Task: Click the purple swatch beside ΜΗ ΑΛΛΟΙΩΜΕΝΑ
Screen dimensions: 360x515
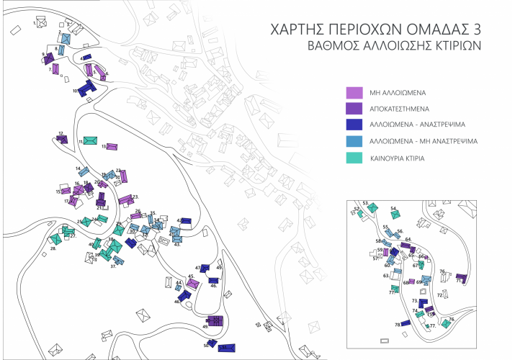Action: pos(354,93)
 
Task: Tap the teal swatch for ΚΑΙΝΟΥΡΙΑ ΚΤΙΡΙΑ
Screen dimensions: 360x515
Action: pos(354,157)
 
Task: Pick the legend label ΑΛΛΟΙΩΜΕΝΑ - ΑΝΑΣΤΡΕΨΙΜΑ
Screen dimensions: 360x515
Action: pos(420,125)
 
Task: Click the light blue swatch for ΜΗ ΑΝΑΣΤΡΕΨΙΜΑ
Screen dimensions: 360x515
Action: pos(354,141)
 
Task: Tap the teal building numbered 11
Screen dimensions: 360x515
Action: pos(91,140)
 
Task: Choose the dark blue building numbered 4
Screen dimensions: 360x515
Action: pos(86,57)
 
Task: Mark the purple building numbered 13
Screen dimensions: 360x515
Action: pos(112,145)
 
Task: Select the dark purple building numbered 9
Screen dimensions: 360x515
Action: pos(49,58)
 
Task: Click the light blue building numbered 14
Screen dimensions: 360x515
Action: pos(84,172)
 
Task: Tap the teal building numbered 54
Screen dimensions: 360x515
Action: pos(395,213)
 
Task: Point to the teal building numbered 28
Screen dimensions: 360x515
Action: pos(55,239)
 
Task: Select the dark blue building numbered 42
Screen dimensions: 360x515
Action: pos(185,221)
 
